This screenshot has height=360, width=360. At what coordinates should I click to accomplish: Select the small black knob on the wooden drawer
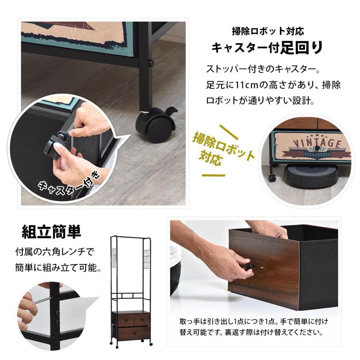pyautogui.click(x=249, y=265)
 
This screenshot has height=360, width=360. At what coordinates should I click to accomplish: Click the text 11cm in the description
pyautogui.click(x=242, y=85)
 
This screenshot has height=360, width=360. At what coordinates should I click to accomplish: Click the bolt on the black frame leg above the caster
pyautogui.click(x=152, y=62)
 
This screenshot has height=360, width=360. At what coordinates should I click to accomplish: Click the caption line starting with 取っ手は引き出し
pyautogui.click(x=254, y=322)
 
